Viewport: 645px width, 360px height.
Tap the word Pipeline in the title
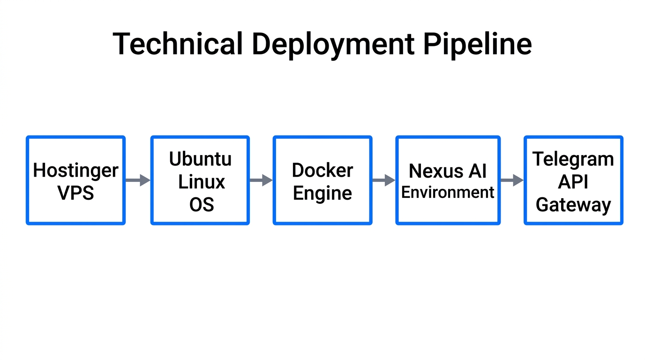click(478, 45)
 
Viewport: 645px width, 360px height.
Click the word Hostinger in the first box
click(75, 171)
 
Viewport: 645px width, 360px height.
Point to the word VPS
click(75, 193)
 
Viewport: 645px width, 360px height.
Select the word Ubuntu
click(200, 159)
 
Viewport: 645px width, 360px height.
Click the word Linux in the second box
click(202, 181)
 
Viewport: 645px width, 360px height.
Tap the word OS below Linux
click(202, 204)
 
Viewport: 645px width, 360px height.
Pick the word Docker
click(322, 170)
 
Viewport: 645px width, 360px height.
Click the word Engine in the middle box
click(322, 193)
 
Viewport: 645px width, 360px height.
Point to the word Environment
click(448, 192)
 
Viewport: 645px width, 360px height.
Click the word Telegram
click(573, 160)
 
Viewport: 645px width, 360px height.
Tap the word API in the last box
click(573, 182)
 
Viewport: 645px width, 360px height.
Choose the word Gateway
click(573, 205)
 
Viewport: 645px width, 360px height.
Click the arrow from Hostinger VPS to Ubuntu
click(138, 180)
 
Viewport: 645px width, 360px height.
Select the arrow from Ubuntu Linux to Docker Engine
click(261, 180)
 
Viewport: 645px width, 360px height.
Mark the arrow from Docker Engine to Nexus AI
click(384, 180)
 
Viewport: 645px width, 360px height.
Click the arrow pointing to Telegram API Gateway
click(512, 180)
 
